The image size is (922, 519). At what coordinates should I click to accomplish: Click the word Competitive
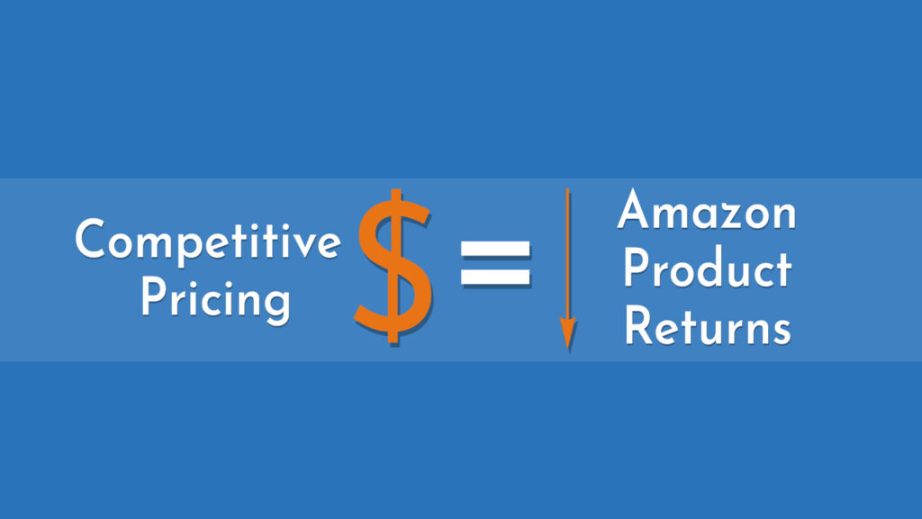pyautogui.click(x=207, y=241)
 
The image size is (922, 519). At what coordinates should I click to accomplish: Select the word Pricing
pyautogui.click(x=215, y=298)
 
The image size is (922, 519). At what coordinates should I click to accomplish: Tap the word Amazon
pyautogui.click(x=707, y=213)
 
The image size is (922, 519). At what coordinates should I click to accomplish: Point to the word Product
pyautogui.click(x=708, y=269)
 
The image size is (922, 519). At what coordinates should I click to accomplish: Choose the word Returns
pyautogui.click(x=708, y=326)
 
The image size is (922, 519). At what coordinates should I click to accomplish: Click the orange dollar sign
pyautogui.click(x=393, y=268)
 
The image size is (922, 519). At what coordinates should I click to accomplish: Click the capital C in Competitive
pyautogui.click(x=91, y=241)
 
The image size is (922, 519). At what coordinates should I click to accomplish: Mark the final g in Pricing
pyautogui.click(x=276, y=304)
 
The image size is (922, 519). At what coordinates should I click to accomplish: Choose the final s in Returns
pyautogui.click(x=780, y=330)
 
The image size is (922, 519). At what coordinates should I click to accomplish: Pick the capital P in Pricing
pyautogui.click(x=151, y=297)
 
